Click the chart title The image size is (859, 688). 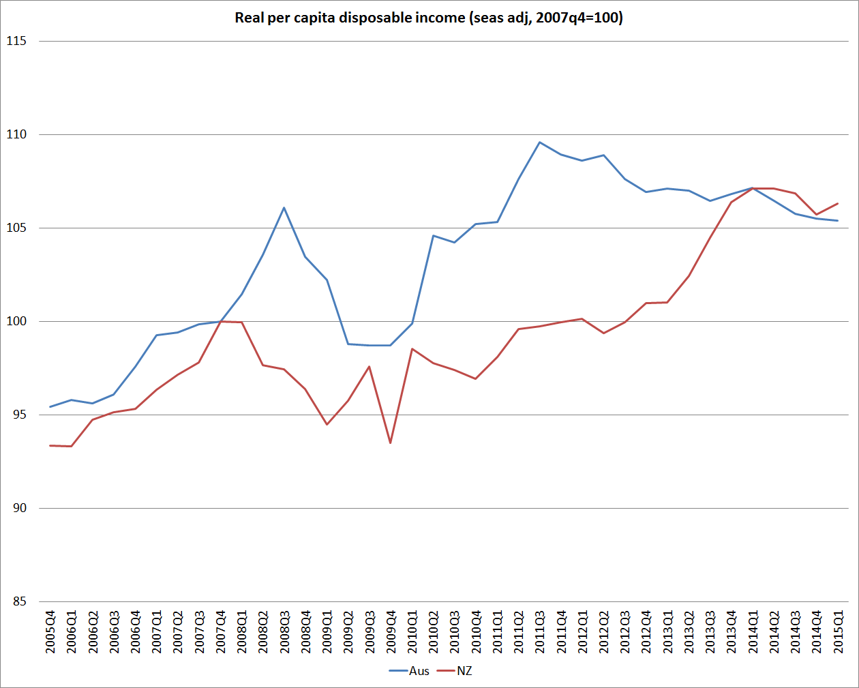tap(429, 18)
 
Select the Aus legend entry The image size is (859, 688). tap(419, 671)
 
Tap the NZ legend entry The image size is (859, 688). tap(464, 671)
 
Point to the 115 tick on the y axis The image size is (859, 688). tap(16, 41)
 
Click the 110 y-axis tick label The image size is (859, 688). tap(16, 134)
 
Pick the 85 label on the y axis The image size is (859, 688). tap(19, 601)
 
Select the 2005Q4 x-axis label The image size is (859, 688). tap(50, 632)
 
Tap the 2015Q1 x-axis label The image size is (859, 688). tap(839, 632)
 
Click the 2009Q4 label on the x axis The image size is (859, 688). tap(391, 632)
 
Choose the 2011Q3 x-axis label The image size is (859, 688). tap(540, 632)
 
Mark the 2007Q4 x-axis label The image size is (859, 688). tap(221, 632)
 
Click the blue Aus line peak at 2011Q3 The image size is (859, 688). tap(539, 143)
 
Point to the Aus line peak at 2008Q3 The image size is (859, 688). tap(284, 208)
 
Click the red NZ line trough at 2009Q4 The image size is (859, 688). tap(391, 443)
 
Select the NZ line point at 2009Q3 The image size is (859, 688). tap(370, 367)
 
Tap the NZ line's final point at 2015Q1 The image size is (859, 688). tap(837, 203)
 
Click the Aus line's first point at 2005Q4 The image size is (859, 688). tap(50, 407)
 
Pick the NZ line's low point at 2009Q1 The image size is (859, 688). tap(327, 425)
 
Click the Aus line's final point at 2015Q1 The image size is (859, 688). tap(837, 220)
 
